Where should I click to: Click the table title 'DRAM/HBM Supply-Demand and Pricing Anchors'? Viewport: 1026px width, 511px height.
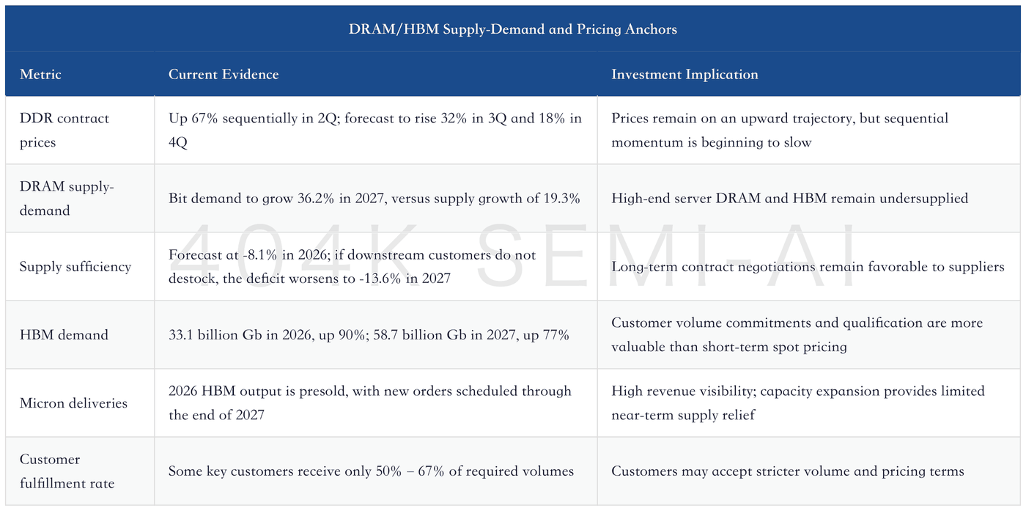512,29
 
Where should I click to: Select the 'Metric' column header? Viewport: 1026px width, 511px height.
40,74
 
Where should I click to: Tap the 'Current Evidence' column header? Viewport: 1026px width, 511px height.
224,74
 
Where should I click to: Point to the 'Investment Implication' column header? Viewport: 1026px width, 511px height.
684,74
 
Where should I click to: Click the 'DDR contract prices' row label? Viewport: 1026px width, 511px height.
64,130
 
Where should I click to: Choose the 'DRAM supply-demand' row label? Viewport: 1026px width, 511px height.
67,198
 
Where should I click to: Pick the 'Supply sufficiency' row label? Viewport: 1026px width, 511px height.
75,266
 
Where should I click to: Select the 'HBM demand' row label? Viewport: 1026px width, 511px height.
64,334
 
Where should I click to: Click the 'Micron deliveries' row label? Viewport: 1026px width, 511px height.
73,402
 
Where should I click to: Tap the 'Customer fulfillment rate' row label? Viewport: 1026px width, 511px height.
67,471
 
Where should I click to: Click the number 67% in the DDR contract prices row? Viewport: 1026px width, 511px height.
204,118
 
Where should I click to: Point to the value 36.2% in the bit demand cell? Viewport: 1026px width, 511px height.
316,198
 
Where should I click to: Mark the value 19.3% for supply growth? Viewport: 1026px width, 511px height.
562,198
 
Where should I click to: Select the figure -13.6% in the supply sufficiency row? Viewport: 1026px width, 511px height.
380,278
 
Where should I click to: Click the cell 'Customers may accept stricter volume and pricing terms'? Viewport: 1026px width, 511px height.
788,471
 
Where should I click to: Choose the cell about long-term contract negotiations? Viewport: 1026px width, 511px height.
808,266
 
